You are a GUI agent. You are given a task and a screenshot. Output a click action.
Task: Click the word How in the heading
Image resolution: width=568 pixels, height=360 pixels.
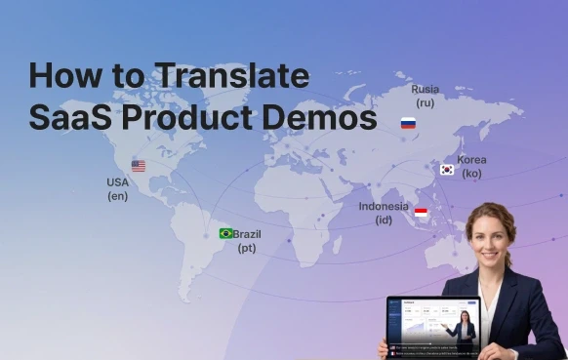click(63, 76)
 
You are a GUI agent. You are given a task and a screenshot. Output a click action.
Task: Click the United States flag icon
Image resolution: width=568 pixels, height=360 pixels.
click(139, 166)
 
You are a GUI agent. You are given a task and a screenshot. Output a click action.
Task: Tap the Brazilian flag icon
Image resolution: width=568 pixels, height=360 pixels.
click(225, 233)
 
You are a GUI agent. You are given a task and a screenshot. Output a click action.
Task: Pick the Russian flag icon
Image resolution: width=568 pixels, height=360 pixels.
click(408, 123)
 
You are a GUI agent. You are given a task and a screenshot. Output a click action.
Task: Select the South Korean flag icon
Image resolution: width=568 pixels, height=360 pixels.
click(446, 170)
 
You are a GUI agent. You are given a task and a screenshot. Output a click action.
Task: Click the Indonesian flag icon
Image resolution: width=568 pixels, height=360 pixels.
click(421, 212)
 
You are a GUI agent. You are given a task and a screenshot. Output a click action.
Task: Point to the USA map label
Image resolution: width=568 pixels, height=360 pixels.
click(117, 182)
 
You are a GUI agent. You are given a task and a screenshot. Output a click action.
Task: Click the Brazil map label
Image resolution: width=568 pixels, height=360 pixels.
click(247, 234)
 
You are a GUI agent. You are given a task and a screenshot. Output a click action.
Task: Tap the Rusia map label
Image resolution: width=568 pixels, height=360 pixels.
click(425, 88)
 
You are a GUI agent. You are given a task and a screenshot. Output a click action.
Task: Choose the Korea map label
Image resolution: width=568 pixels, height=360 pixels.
click(471, 159)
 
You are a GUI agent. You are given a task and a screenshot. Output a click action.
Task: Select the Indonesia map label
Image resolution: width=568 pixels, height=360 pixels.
click(384, 206)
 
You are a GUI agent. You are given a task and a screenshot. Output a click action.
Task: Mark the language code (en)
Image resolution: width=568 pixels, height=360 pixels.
click(117, 196)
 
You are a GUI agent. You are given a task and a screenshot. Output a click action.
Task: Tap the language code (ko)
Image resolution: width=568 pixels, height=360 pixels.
click(471, 173)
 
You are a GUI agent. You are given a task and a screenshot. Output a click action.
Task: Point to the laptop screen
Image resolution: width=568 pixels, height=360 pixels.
click(432, 321)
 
